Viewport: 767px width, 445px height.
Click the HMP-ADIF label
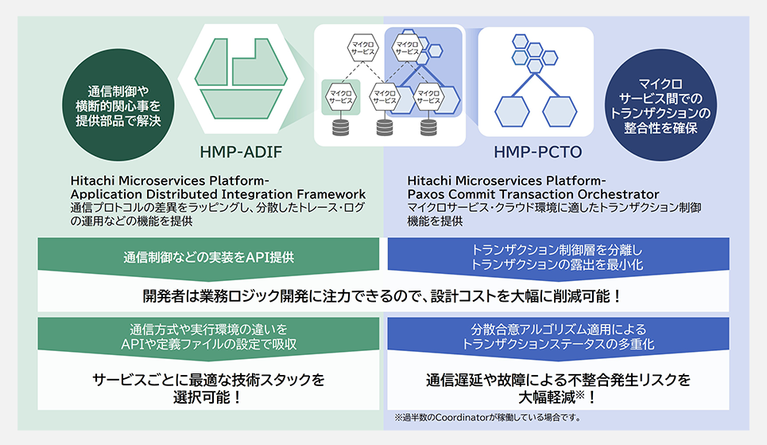click(x=241, y=152)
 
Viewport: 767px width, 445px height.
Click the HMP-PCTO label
click(x=537, y=152)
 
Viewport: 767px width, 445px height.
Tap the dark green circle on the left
click(x=118, y=105)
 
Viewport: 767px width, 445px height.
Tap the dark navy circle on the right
click(x=660, y=105)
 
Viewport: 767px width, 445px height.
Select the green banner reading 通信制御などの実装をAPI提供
click(x=208, y=257)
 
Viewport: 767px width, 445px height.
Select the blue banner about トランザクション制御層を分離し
click(x=558, y=257)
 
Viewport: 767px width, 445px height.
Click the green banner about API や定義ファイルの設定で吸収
click(x=208, y=337)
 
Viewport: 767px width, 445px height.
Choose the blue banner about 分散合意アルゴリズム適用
click(x=558, y=337)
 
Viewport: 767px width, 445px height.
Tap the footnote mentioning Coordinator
click(x=488, y=418)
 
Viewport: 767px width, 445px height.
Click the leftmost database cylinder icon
click(x=340, y=127)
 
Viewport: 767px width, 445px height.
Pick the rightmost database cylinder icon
click(x=428, y=127)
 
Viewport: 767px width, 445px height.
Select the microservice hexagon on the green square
click(x=340, y=96)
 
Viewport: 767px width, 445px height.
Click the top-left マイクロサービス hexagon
click(x=362, y=48)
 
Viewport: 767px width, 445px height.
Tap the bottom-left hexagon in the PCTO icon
click(x=512, y=111)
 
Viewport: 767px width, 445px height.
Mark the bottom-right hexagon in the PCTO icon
click(x=560, y=111)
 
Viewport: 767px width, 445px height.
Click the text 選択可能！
click(x=207, y=397)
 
